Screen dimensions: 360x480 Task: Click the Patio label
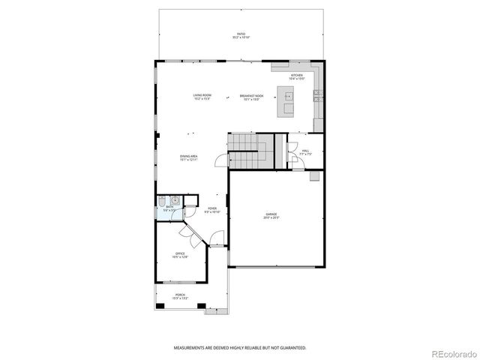pos(241,34)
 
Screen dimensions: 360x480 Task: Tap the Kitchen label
pos(297,76)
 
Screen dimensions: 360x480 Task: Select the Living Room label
pos(202,97)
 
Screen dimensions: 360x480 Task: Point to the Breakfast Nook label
pos(251,97)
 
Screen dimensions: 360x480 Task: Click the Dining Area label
pos(188,157)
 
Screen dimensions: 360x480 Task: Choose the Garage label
pos(271,216)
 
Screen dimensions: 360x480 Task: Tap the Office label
pos(180,255)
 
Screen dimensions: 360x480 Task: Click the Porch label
pos(180,296)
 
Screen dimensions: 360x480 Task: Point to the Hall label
pos(305,151)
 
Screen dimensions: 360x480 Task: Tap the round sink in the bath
pos(174,200)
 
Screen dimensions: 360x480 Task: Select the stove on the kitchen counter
pos(318,94)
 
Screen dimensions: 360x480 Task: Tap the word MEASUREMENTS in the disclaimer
pos(190,348)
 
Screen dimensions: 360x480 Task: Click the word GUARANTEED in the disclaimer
pos(291,348)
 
